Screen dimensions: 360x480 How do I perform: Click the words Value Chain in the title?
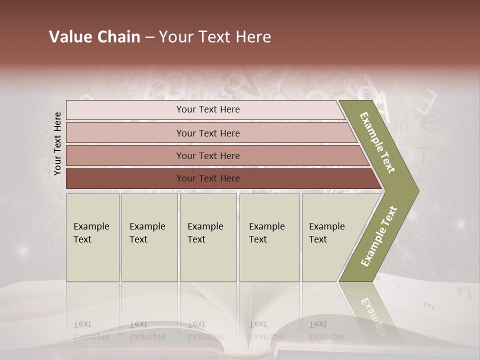94,37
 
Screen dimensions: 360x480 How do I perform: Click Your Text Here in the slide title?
215,37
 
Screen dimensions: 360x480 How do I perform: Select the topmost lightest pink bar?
125,110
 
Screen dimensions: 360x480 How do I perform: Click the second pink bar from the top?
125,133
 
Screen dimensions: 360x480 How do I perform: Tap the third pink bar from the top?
125,155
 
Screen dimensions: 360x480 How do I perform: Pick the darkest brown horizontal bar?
125,178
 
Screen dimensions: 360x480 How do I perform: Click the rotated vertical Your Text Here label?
57,143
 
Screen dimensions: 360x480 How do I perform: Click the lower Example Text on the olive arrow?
379,236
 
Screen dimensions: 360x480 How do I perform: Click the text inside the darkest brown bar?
208,178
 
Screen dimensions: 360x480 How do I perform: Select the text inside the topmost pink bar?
208,109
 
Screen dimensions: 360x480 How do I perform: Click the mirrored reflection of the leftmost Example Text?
91,330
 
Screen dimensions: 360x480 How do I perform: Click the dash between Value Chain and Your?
149,37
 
